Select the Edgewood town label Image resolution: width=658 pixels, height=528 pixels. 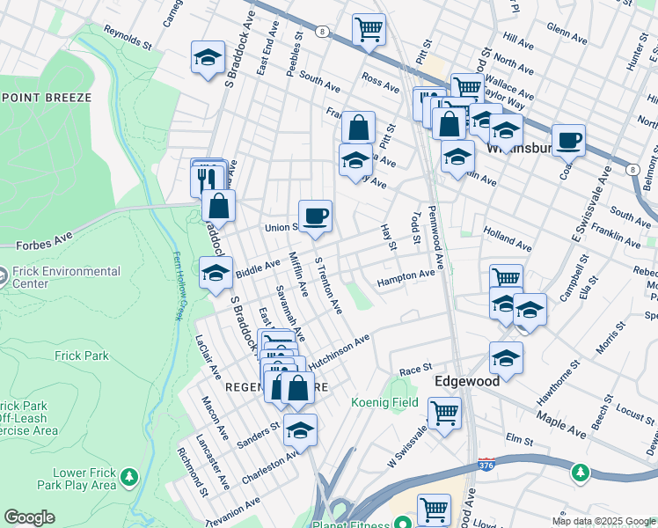(x=467, y=381)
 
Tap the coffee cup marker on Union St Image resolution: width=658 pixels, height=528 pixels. (x=315, y=216)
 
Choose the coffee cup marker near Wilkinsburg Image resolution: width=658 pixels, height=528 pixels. (x=568, y=140)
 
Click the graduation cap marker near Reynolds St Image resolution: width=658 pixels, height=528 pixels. (x=207, y=58)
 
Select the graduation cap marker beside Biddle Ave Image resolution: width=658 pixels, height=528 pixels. (x=216, y=273)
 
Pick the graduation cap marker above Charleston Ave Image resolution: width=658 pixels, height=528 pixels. (x=300, y=430)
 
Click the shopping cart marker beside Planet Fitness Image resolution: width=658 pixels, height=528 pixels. (x=434, y=510)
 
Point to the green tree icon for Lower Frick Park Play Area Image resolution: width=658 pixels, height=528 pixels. (x=128, y=477)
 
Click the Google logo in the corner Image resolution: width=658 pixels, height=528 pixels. (x=29, y=517)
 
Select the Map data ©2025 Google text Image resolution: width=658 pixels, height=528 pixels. (x=603, y=521)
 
